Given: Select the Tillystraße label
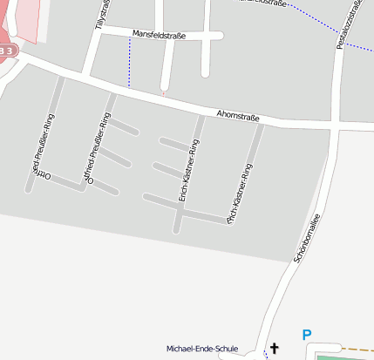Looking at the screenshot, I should (102, 16).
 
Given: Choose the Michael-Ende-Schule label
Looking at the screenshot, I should (202, 349).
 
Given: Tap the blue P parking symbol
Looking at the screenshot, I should (306, 335).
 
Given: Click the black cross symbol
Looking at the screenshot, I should (275, 349).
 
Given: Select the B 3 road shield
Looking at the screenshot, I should (6, 51).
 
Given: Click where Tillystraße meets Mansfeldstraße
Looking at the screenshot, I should (92, 36).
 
